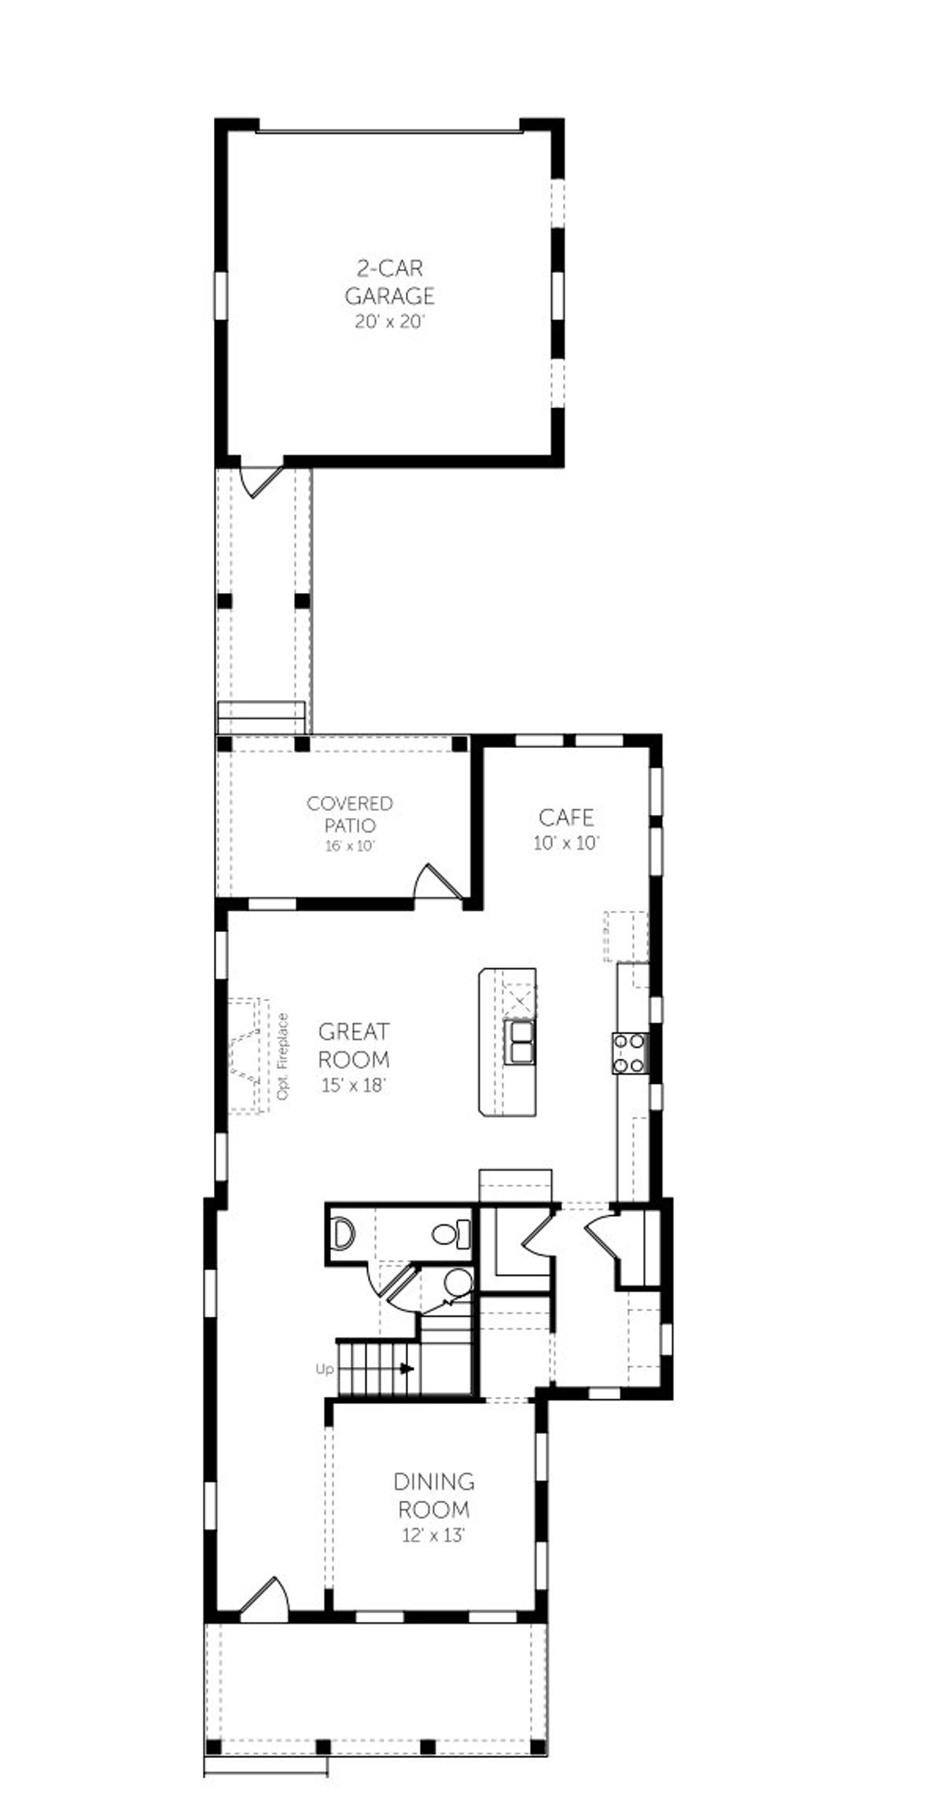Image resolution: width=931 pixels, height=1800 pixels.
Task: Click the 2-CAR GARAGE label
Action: coord(389,282)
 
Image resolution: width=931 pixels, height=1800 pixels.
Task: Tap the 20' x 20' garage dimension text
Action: coord(389,322)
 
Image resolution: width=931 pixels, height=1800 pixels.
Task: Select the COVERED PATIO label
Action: coord(350,814)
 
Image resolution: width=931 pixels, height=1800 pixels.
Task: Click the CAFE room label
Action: coord(566,817)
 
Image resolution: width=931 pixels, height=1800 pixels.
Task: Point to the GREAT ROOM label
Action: coord(353,1045)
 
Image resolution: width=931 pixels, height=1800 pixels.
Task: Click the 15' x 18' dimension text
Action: coord(353,1085)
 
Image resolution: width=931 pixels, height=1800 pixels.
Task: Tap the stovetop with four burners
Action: coord(630,1054)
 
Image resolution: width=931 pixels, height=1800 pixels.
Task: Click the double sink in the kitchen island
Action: coord(519,1042)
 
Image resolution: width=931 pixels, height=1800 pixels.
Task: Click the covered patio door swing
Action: coord(437,883)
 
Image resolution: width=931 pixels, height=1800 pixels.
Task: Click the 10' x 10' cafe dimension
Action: coord(566,843)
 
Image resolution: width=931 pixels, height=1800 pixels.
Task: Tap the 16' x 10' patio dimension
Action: coord(350,846)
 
